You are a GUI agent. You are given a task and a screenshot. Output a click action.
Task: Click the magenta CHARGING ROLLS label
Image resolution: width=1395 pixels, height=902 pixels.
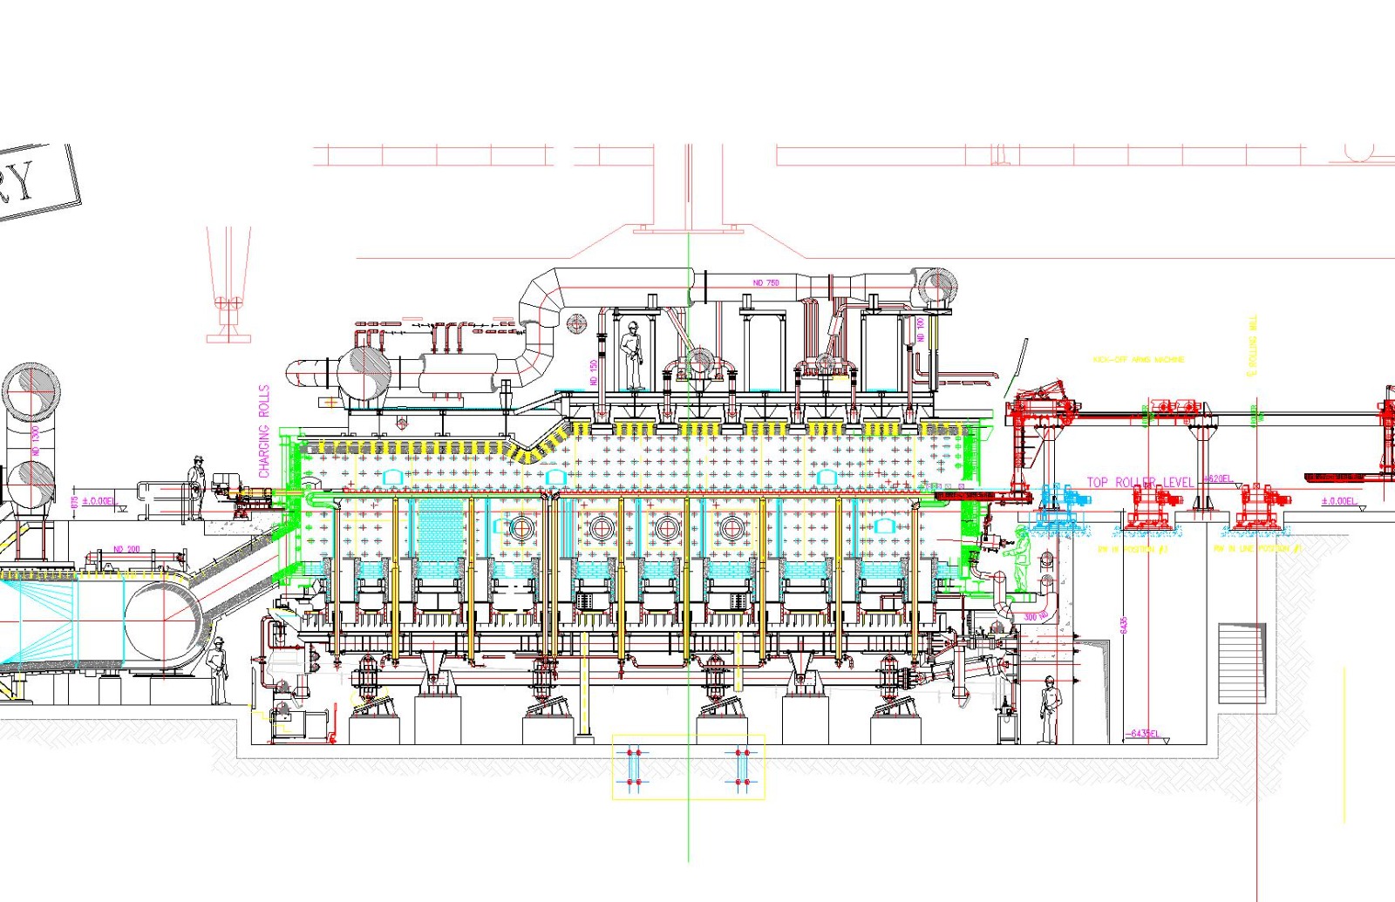pos(264,431)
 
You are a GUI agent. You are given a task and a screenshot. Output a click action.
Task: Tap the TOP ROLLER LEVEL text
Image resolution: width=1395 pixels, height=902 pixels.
pos(1140,482)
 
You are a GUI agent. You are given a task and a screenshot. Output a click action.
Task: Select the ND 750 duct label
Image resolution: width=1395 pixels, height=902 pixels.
pos(766,283)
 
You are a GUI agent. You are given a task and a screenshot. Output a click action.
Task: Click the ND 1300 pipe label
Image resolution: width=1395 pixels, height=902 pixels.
pos(36,440)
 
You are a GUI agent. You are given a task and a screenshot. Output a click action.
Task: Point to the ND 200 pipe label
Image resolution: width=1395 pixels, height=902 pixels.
pos(126,549)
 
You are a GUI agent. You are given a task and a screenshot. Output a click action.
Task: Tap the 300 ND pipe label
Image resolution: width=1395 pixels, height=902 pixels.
pos(1036,617)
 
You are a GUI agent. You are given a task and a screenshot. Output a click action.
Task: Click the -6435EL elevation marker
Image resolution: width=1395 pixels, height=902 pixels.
pos(1144,734)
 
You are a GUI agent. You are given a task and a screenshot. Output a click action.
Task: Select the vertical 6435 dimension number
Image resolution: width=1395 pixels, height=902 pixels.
pos(1124,625)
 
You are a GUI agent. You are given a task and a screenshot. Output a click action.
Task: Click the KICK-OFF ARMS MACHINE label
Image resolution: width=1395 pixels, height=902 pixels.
pos(1138,359)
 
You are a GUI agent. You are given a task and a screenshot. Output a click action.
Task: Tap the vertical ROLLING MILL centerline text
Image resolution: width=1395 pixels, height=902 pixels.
pos(1253,346)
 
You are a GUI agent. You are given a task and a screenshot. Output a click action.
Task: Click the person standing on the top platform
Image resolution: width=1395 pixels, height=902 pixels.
pos(632,355)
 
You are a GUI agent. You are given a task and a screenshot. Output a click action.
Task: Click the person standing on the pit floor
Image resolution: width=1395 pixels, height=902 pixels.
pos(1050,709)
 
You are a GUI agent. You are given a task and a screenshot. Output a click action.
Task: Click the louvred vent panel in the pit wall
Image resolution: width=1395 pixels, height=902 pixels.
pos(1242,662)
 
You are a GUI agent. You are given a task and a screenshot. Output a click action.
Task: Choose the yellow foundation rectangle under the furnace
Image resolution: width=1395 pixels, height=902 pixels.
pos(688,767)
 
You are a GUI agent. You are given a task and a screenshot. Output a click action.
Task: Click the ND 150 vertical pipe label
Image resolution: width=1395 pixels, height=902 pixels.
pos(593,372)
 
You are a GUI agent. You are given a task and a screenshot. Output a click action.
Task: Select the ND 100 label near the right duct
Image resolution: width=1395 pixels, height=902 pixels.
pos(920,329)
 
